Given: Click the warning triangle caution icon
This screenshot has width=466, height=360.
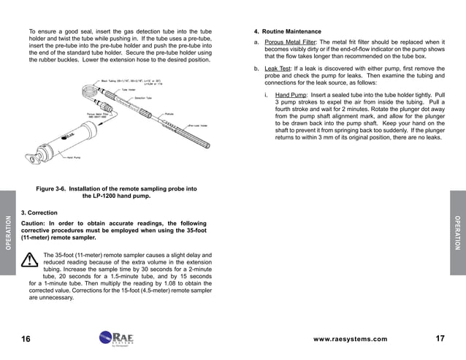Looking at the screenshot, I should tap(31, 260).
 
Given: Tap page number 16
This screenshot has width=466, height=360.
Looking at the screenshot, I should tap(26, 340).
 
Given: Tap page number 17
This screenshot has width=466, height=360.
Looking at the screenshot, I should tap(440, 340).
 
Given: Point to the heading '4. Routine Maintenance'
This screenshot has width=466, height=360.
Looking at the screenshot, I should tap(286, 32).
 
